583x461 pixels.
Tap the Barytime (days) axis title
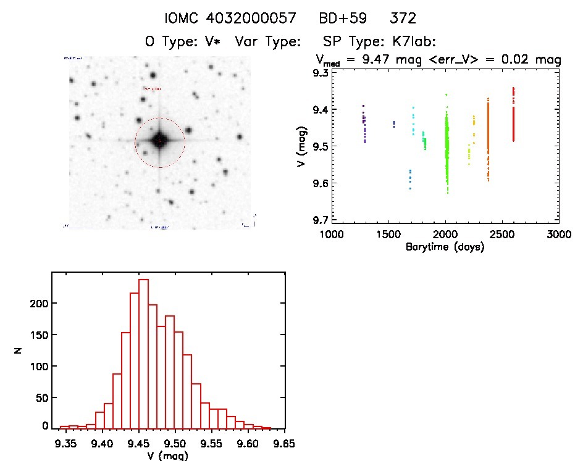pos(445,247)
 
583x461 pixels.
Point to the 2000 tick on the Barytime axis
pos(445,235)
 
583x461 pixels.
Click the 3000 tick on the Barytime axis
pos(558,235)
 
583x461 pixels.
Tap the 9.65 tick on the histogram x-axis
pos(284,442)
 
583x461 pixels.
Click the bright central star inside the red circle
pos(159,141)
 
